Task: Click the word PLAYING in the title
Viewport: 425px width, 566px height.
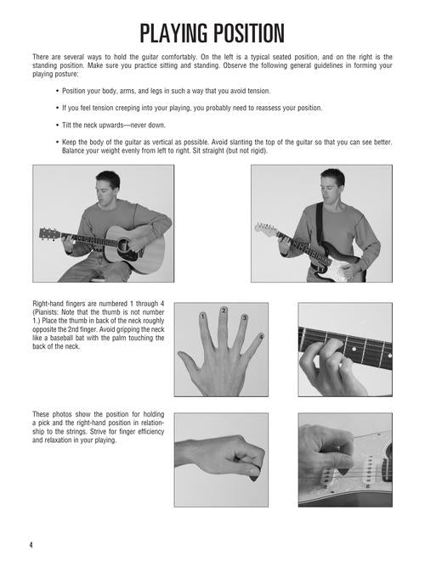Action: click(x=173, y=34)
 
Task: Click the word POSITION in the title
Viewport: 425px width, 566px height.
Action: click(x=248, y=34)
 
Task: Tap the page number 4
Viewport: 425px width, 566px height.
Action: click(x=31, y=545)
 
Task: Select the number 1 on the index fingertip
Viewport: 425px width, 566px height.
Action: click(x=202, y=317)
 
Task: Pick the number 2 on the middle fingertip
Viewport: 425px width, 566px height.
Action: click(x=224, y=311)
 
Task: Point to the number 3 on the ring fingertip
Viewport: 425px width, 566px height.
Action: click(x=245, y=317)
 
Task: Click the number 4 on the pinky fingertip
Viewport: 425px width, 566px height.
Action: click(x=261, y=337)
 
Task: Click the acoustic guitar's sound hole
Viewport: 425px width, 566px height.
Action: click(x=123, y=245)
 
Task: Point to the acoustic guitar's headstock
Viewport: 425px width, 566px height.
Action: click(x=49, y=233)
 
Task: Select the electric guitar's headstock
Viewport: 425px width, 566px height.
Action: click(x=265, y=228)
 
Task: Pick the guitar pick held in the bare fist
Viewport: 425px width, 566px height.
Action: click(x=254, y=476)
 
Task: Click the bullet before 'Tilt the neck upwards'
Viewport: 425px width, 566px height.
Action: click(x=57, y=126)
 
